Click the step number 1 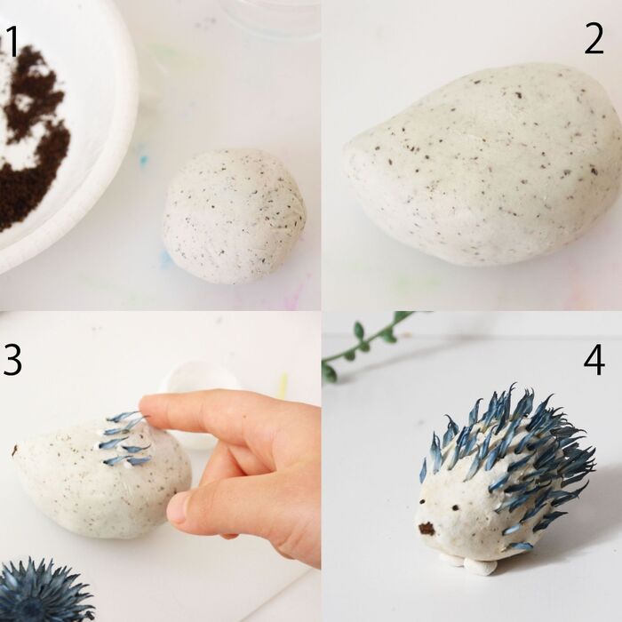click(x=12, y=42)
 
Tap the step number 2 click(x=594, y=39)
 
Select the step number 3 click(x=12, y=360)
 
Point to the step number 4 click(x=594, y=361)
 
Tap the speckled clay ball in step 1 click(x=234, y=216)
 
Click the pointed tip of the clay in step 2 click(x=348, y=148)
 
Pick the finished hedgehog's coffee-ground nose click(x=427, y=528)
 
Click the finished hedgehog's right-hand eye click(x=455, y=507)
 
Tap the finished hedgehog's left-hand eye click(x=422, y=502)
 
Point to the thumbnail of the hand click(x=179, y=510)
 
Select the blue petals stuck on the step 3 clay click(x=126, y=439)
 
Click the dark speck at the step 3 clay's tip click(x=16, y=450)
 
